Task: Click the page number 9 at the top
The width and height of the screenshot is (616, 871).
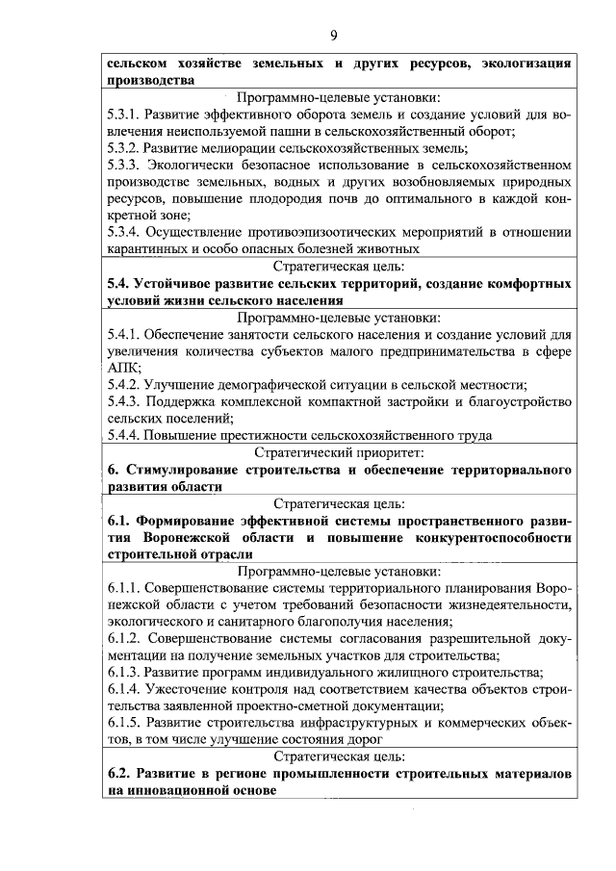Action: tap(333, 36)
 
